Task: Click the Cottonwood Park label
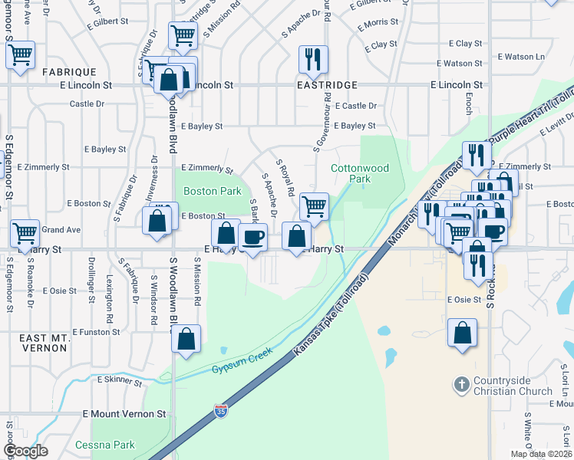[x=360, y=173]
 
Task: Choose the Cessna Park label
[x=105, y=445]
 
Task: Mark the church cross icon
[x=461, y=382]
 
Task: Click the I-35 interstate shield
[x=221, y=411]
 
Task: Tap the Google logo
[x=25, y=451]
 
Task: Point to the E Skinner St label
[x=115, y=379]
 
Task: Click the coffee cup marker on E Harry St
[x=252, y=235]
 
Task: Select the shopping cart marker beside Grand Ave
[x=25, y=232]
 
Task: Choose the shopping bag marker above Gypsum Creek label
[x=186, y=337]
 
